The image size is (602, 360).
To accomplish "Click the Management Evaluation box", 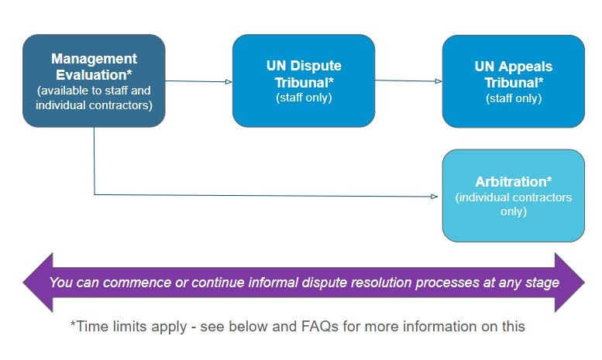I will pos(94,81).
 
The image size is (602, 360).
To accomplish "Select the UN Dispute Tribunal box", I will pos(304,81).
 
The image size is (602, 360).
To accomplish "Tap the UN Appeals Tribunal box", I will pos(513,81).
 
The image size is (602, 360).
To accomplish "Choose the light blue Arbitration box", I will pos(513,196).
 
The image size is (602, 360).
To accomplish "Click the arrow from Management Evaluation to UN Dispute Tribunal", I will pos(198,81).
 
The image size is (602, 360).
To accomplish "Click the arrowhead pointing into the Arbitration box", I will pos(433,196).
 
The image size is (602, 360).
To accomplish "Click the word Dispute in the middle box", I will pos(316,66).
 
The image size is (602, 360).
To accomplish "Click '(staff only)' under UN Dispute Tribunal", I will pos(304,98).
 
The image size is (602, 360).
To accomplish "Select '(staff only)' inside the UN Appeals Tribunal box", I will pos(513,98).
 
